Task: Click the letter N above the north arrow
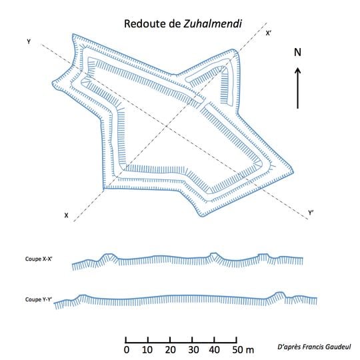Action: click(298, 53)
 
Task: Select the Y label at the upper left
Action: click(29, 42)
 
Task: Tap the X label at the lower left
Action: click(66, 215)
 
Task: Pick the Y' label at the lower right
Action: click(311, 213)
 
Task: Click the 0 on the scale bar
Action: click(127, 350)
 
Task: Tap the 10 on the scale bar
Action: click(147, 350)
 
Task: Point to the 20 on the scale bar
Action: click(170, 350)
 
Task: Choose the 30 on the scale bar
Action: click(193, 350)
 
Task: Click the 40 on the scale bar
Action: click(215, 350)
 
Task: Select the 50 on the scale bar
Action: click(237, 350)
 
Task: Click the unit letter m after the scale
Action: click(250, 350)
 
